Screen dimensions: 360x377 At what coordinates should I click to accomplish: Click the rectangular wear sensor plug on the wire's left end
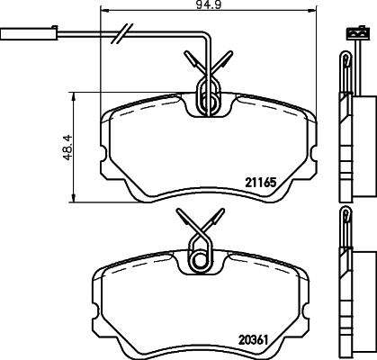click(x=20, y=38)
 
